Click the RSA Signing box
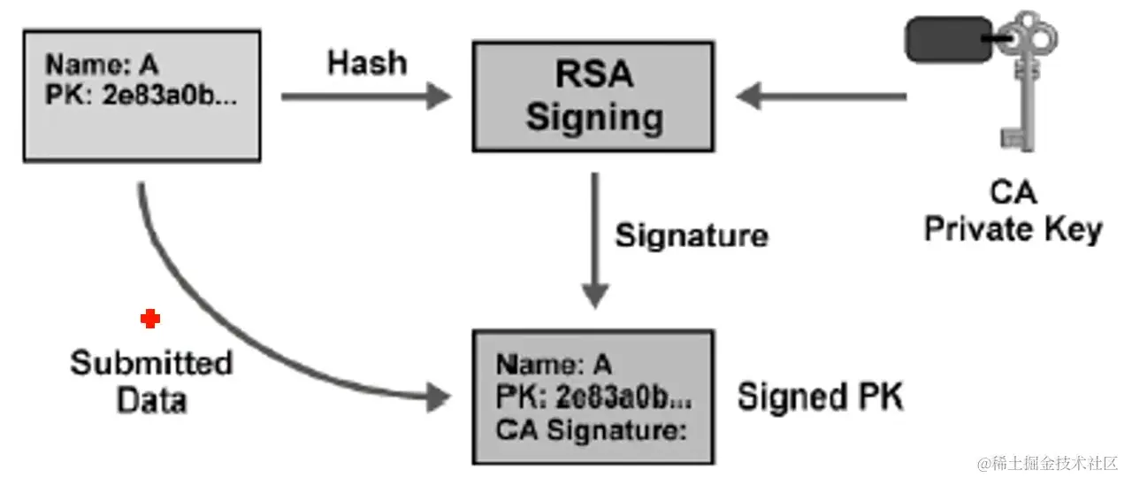(x=593, y=96)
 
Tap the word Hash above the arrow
(x=367, y=64)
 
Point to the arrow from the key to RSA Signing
(x=822, y=96)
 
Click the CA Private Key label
(x=1013, y=212)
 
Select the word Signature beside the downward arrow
(x=691, y=235)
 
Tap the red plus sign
(x=150, y=320)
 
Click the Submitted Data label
(x=151, y=382)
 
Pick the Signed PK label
(x=821, y=397)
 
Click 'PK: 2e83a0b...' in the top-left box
(x=141, y=95)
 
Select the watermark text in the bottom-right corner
(x=1048, y=462)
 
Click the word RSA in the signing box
(x=594, y=74)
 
